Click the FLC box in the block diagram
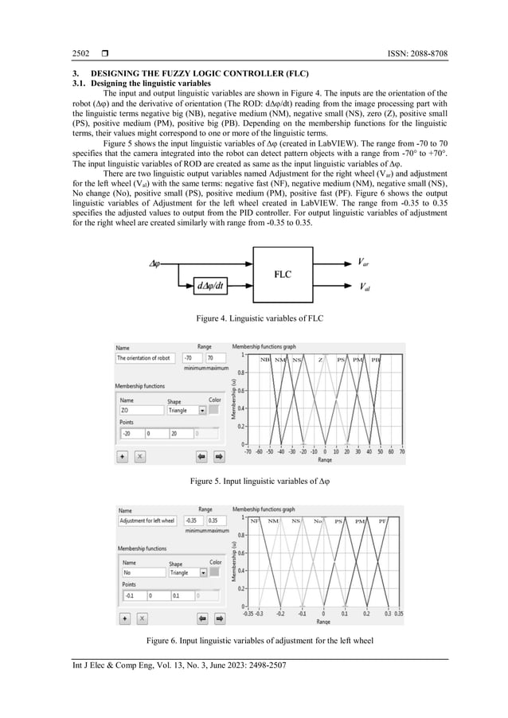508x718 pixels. [283, 275]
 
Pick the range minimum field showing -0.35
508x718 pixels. [193, 521]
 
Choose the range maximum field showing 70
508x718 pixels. [213, 358]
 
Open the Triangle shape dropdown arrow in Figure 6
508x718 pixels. [202, 572]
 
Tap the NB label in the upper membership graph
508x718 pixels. [264, 360]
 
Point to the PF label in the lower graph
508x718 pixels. [382, 521]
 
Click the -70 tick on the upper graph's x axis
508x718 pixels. [246, 451]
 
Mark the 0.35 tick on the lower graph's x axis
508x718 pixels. [398, 613]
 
